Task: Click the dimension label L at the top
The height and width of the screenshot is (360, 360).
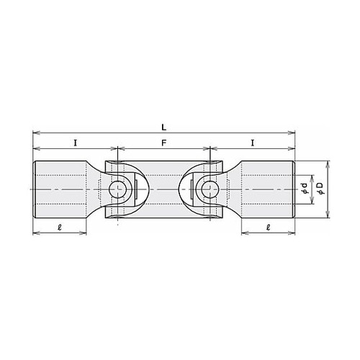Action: point(163,127)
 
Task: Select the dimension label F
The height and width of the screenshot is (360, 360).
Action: point(163,143)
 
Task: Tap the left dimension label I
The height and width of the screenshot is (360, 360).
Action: point(76,143)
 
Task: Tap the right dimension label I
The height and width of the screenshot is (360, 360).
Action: point(252,143)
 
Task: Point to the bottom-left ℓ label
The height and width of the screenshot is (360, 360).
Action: point(60,227)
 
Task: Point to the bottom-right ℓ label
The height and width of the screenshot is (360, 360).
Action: point(269,227)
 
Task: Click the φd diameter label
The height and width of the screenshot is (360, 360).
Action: point(305,188)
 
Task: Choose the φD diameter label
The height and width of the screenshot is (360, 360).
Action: point(320,188)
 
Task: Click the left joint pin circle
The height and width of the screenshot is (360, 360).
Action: point(117,189)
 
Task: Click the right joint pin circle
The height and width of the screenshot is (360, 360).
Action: point(210,189)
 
